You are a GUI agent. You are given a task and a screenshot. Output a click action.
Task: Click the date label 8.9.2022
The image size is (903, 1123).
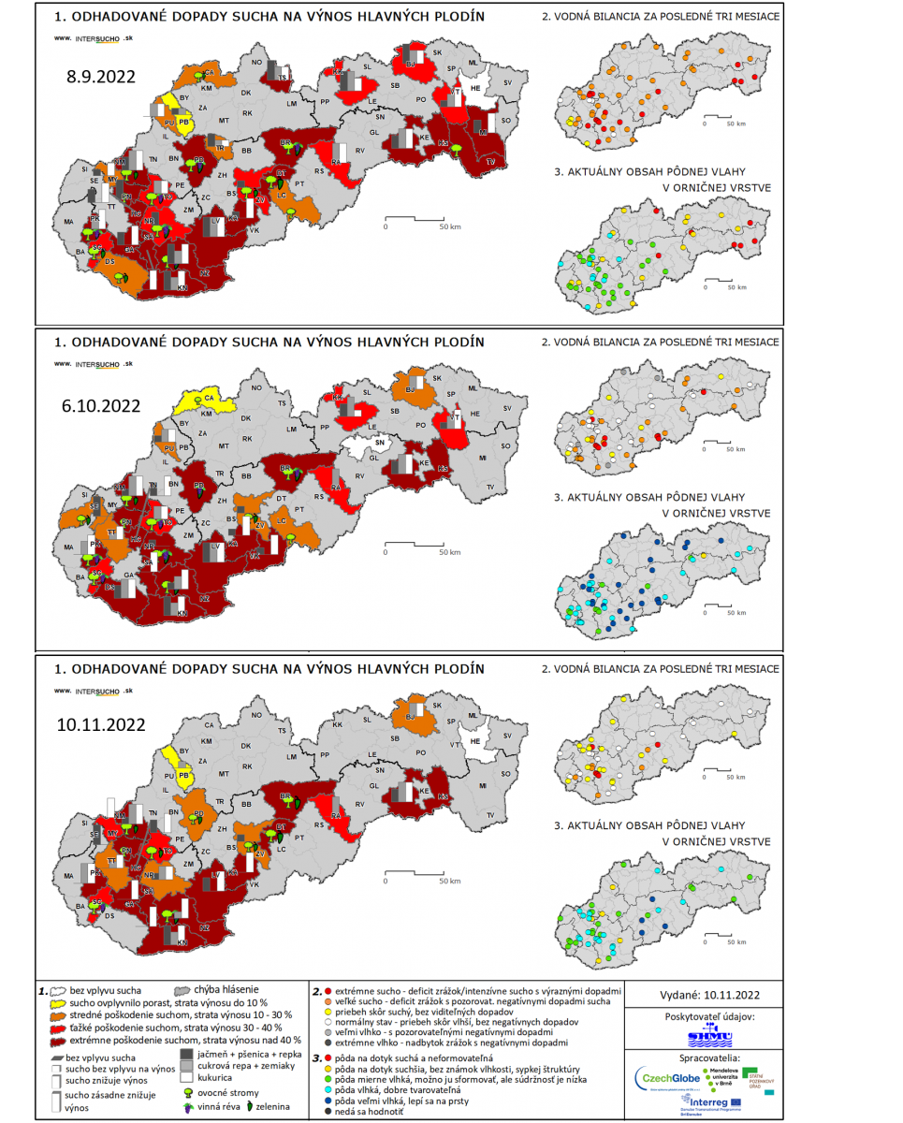(x=100, y=77)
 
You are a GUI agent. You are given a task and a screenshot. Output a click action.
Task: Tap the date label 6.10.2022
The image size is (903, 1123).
(x=102, y=405)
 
